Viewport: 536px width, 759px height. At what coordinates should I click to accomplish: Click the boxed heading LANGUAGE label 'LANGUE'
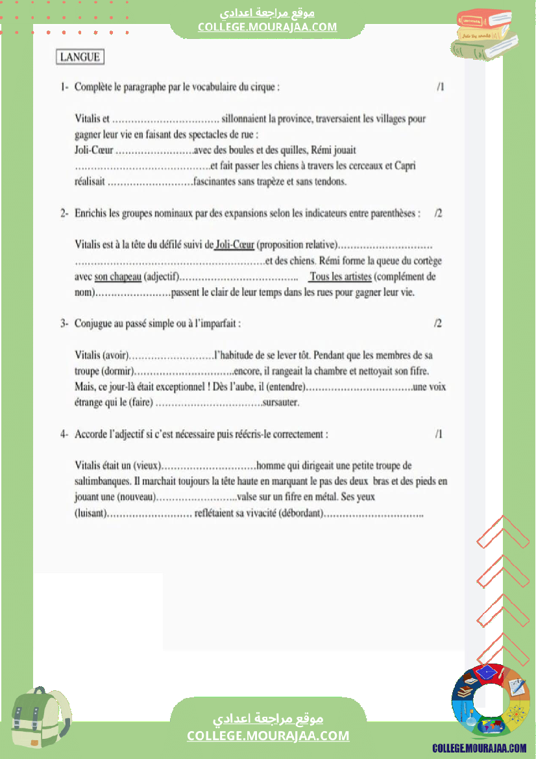pos(80,57)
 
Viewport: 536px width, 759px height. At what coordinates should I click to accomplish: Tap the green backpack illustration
pos(40,718)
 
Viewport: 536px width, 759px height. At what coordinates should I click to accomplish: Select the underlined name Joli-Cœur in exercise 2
pos(234,245)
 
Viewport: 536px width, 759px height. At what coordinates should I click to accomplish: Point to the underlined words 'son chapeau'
pos(117,277)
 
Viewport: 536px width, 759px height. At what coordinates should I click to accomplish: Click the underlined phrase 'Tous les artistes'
pos(340,277)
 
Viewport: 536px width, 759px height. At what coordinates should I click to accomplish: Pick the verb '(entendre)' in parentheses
pos(283,387)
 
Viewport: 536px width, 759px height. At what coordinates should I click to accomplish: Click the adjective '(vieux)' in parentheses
pos(147,466)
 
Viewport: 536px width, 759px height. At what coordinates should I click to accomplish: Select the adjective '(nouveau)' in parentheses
pos(137,497)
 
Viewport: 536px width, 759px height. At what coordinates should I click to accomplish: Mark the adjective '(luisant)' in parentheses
pos(90,514)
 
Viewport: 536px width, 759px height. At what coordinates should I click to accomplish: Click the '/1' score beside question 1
pos(440,87)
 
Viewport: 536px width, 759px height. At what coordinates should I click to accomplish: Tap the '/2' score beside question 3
pos(438,324)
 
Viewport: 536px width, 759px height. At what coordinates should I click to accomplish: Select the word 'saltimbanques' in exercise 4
pos(101,482)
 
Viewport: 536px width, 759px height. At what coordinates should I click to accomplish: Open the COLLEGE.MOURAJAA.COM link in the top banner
pos(267,27)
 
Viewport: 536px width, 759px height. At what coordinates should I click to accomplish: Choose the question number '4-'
pos(65,434)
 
